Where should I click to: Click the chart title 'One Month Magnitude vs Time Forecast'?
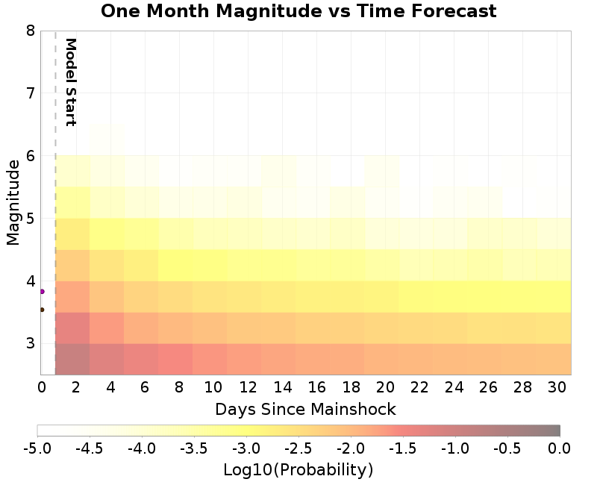298,11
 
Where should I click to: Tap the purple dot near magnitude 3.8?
42,291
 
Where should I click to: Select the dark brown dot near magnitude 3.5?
42,309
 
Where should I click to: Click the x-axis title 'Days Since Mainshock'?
305,409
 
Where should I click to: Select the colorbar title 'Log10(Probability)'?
298,470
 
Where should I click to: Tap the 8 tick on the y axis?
30,31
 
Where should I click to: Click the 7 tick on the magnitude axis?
30,93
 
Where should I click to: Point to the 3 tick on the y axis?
30,344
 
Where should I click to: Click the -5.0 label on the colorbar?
37,448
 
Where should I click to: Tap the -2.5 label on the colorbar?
298,448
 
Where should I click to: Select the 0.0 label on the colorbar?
560,448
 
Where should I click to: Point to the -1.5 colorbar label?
403,448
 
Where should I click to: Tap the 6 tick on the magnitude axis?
30,156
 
